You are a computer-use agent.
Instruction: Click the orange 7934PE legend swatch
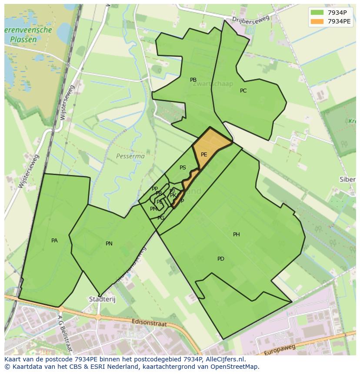(x=317, y=21)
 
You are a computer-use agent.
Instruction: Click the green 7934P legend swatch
(x=317, y=13)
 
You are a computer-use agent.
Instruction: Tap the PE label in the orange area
(x=204, y=155)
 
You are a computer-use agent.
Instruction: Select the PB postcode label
(x=193, y=80)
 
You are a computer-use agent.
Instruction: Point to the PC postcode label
(x=243, y=91)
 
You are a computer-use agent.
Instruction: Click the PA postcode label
(x=54, y=241)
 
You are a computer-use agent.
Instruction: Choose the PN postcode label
(x=109, y=244)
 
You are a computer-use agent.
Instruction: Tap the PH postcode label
(x=237, y=235)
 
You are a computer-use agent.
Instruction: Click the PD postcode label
(x=221, y=259)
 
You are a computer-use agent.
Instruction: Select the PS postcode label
(x=183, y=168)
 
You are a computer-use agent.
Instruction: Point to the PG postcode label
(x=161, y=218)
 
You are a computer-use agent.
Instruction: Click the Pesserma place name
(x=130, y=156)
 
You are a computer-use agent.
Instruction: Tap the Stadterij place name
(x=100, y=299)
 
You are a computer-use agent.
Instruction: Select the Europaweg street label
(x=279, y=349)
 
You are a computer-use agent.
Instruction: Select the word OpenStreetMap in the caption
(x=235, y=367)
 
